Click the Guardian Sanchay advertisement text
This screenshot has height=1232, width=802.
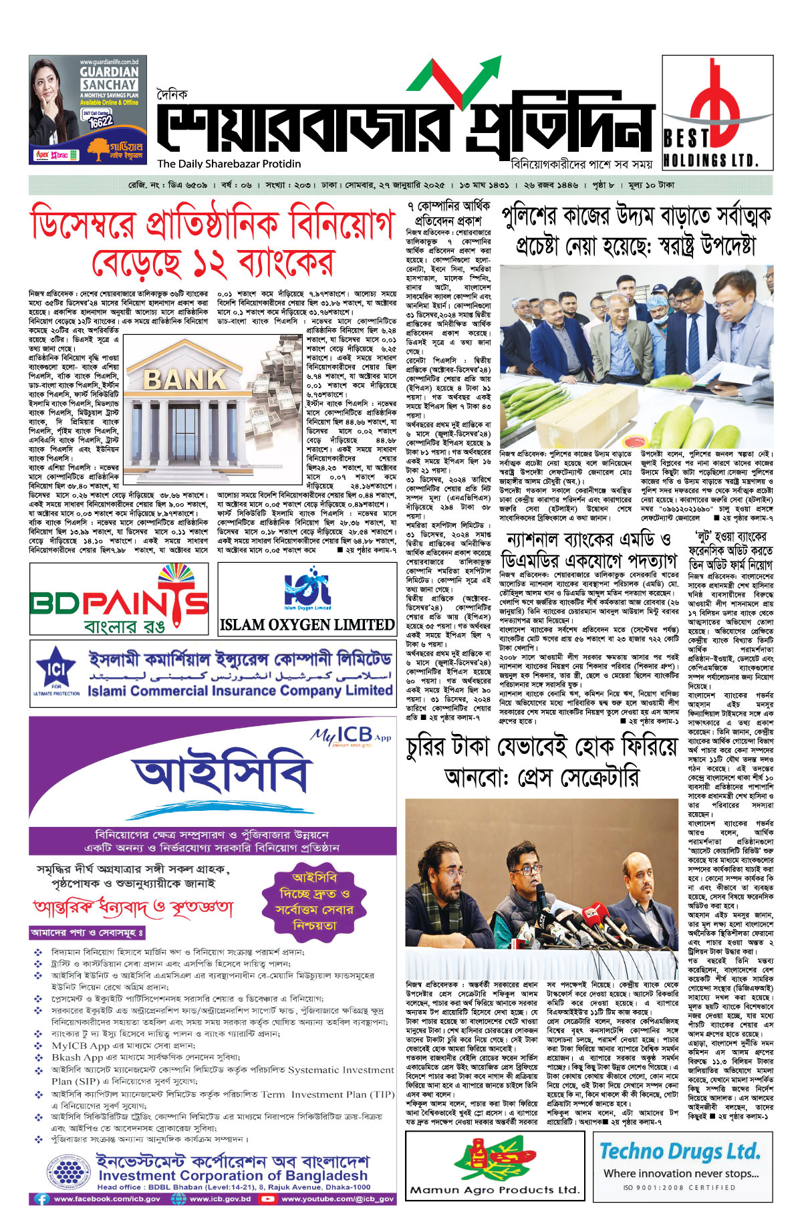tap(109, 78)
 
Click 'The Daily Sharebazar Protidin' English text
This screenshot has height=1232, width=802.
tap(229, 164)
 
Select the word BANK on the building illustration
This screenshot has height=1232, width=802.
tap(185, 379)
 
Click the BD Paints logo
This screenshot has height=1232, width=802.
tap(119, 600)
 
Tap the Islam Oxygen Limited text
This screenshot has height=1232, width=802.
tap(307, 625)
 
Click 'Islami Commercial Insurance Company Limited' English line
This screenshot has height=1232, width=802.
tap(240, 691)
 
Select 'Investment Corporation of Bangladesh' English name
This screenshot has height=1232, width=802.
tap(233, 1175)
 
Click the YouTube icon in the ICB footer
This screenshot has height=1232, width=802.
tap(268, 1199)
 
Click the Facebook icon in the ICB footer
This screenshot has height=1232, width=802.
tap(42, 1199)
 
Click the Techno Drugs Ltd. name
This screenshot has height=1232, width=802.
tap(680, 1151)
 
